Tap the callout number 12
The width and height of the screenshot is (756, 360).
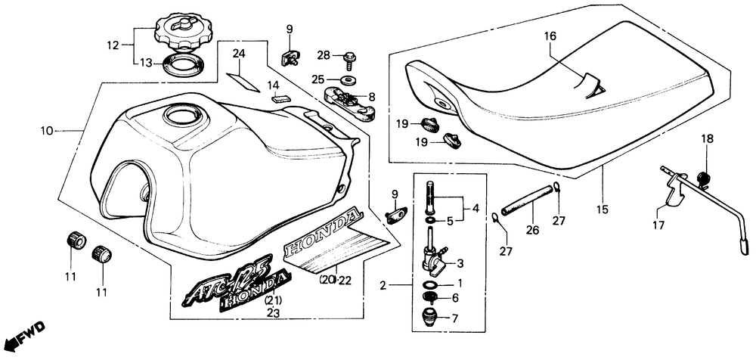tap(113, 45)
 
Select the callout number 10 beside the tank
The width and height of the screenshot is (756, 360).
tap(47, 131)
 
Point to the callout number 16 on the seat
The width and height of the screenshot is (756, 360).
tap(550, 36)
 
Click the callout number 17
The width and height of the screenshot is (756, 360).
tap(658, 225)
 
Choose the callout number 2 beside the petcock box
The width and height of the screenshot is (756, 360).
tap(383, 286)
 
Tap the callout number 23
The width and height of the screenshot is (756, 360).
tap(273, 312)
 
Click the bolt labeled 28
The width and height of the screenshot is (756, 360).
tap(350, 57)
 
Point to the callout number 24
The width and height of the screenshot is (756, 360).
tap(239, 53)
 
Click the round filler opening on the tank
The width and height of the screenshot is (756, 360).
tap(183, 116)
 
